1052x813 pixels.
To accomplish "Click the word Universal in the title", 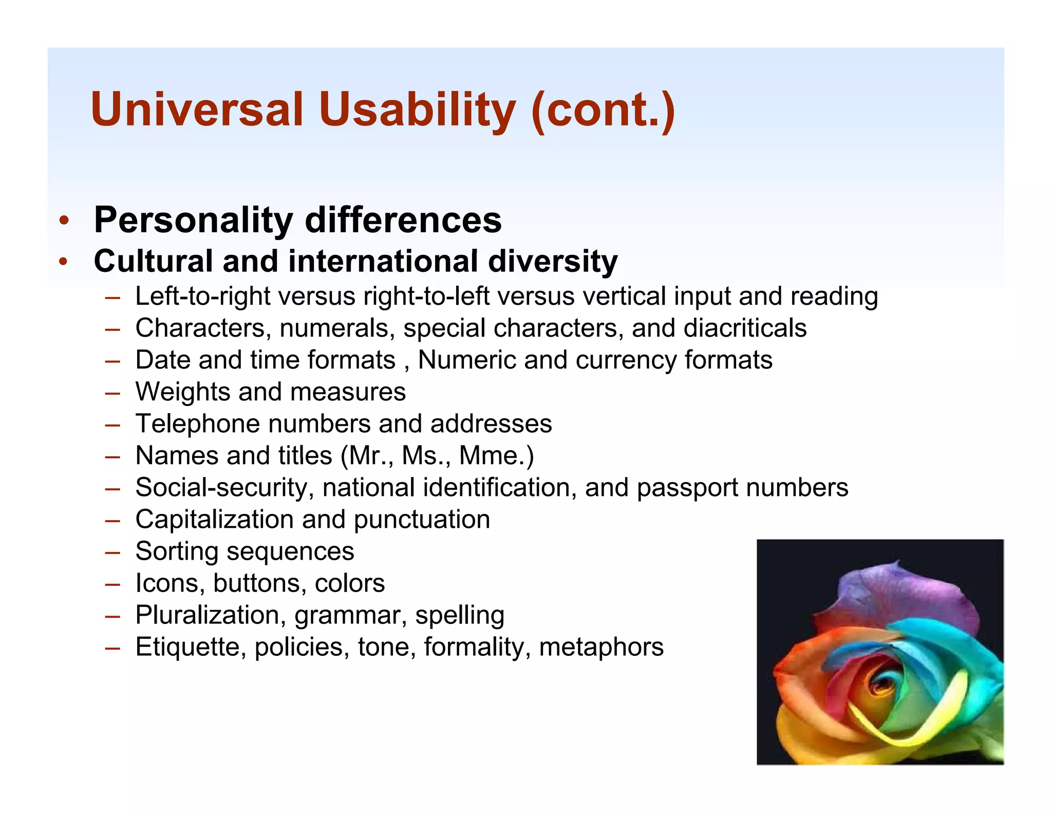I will (x=197, y=109).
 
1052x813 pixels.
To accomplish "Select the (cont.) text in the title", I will (x=604, y=109).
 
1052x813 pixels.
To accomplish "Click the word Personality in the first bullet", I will (x=194, y=220).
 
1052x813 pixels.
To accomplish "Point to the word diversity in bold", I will (x=553, y=261).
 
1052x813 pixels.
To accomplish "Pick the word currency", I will (x=626, y=360).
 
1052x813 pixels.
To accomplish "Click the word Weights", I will (x=182, y=392).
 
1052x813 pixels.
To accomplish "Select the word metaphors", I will (x=601, y=647).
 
